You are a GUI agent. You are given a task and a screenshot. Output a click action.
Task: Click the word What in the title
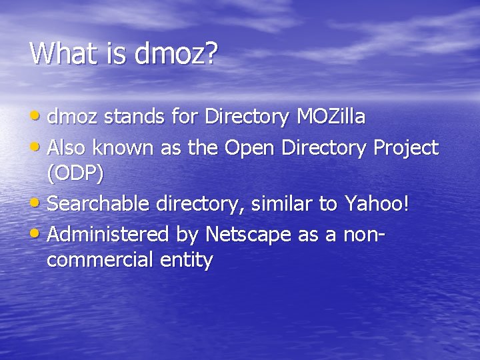tap(62, 53)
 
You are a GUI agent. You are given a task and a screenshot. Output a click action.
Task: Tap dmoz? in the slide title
tap(176, 53)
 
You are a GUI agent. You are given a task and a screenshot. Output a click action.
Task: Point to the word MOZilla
tap(331, 117)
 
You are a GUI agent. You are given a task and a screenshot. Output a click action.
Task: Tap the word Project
tap(406, 148)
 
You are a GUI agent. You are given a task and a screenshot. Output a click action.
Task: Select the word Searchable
tap(100, 203)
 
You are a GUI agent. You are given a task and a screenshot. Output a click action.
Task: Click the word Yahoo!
tap(377, 203)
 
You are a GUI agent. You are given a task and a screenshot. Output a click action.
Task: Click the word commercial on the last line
tap(100, 259)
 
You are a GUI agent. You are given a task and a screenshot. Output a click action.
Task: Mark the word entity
tap(186, 261)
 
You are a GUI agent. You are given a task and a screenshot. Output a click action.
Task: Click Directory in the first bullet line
tap(246, 118)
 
